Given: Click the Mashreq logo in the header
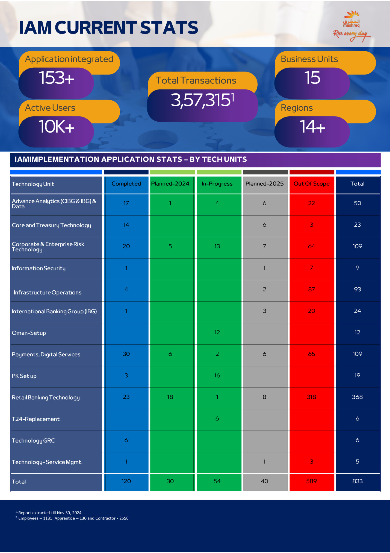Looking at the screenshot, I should [x=351, y=26].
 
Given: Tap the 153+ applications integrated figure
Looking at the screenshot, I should [x=56, y=78].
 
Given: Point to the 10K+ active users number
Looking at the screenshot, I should [x=56, y=127].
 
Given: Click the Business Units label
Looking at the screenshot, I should [x=309, y=59].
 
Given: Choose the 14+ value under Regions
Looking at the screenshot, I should [x=312, y=127].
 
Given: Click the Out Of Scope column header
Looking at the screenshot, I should [x=311, y=184].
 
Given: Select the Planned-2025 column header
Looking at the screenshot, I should [x=264, y=184].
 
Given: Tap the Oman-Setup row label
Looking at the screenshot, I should [x=29, y=333].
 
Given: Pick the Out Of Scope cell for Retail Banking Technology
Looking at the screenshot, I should [x=311, y=397].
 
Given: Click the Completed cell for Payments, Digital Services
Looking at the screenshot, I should [x=126, y=354].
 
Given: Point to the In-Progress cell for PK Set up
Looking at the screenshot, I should [x=217, y=375].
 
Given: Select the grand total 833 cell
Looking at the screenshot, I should [x=357, y=481].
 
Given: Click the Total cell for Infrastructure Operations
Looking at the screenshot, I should [x=357, y=289].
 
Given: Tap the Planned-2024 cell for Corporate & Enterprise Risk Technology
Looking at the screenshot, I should [x=170, y=246].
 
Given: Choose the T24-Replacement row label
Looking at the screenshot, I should [x=36, y=419].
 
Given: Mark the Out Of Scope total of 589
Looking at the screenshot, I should [x=311, y=481].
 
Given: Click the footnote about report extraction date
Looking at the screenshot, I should [x=49, y=513].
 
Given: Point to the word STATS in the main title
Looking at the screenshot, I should [x=169, y=28].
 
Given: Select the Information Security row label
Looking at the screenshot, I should [x=39, y=268].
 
